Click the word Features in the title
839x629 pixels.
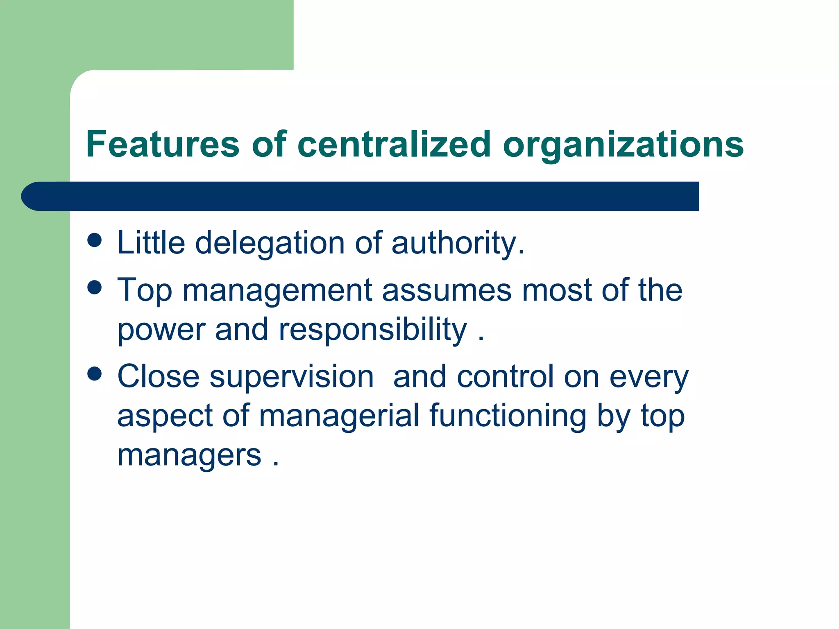coord(163,144)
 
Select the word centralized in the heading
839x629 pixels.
coord(394,144)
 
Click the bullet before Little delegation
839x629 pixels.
coord(95,240)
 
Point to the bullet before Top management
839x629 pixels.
coord(95,287)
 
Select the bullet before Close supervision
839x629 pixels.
coord(95,374)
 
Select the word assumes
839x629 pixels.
coord(447,290)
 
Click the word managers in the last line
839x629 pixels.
coord(189,456)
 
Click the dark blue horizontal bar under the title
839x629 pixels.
coord(361,196)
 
